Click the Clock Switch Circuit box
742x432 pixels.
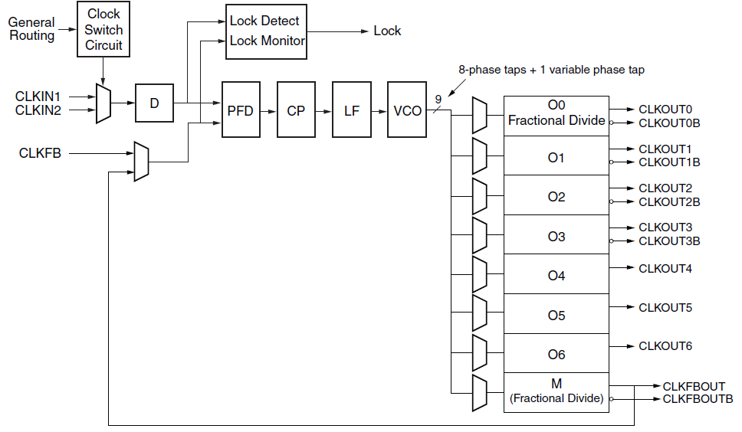tap(103, 29)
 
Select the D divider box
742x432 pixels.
tap(154, 103)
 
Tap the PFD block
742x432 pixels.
tap(241, 110)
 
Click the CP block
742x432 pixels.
tap(296, 110)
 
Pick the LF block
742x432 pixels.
tap(352, 110)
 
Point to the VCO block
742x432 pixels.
tap(407, 110)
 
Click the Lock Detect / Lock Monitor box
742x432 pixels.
tap(267, 31)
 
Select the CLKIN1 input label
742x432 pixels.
tap(38, 97)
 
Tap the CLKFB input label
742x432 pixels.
tap(40, 153)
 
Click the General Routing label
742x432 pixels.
tap(31, 29)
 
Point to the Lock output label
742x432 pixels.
tap(387, 31)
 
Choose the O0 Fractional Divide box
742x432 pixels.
tap(556, 116)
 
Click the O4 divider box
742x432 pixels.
tap(556, 274)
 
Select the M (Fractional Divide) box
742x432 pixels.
tap(556, 393)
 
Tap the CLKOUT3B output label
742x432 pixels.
tap(669, 241)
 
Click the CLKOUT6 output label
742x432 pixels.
tap(665, 346)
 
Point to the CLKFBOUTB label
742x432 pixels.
tap(698, 399)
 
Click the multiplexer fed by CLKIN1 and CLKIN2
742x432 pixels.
tap(103, 103)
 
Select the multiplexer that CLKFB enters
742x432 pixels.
tap(142, 161)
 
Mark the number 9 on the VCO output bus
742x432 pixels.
tap(438, 100)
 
